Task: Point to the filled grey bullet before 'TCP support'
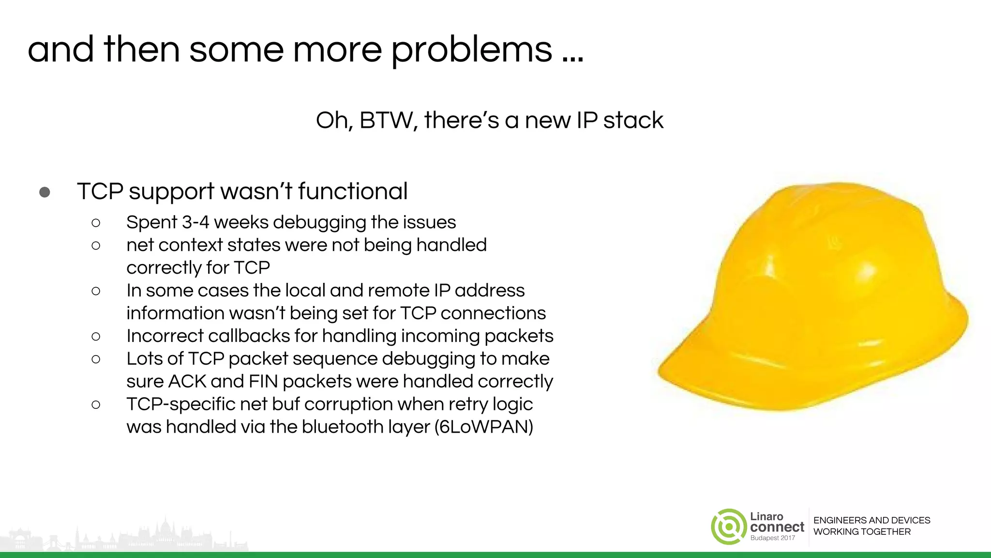point(45,192)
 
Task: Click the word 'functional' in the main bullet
point(353,191)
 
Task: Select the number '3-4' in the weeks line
point(195,222)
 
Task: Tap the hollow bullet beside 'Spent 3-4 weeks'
point(96,223)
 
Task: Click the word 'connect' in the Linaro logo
point(777,527)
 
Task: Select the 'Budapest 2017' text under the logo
point(773,538)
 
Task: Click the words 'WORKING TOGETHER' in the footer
point(862,532)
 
